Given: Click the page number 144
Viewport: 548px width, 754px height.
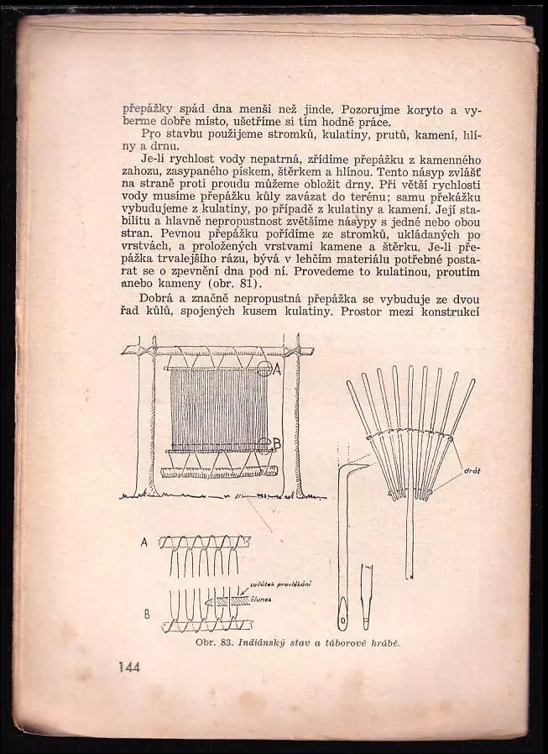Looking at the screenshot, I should (x=128, y=668).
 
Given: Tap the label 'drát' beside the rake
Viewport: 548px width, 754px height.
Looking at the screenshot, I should (x=472, y=472).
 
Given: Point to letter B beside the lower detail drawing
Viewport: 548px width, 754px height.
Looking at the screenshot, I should (x=147, y=614).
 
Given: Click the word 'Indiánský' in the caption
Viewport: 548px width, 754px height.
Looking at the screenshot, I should (x=261, y=643).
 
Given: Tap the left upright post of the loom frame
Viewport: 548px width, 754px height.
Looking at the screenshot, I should (x=144, y=420).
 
